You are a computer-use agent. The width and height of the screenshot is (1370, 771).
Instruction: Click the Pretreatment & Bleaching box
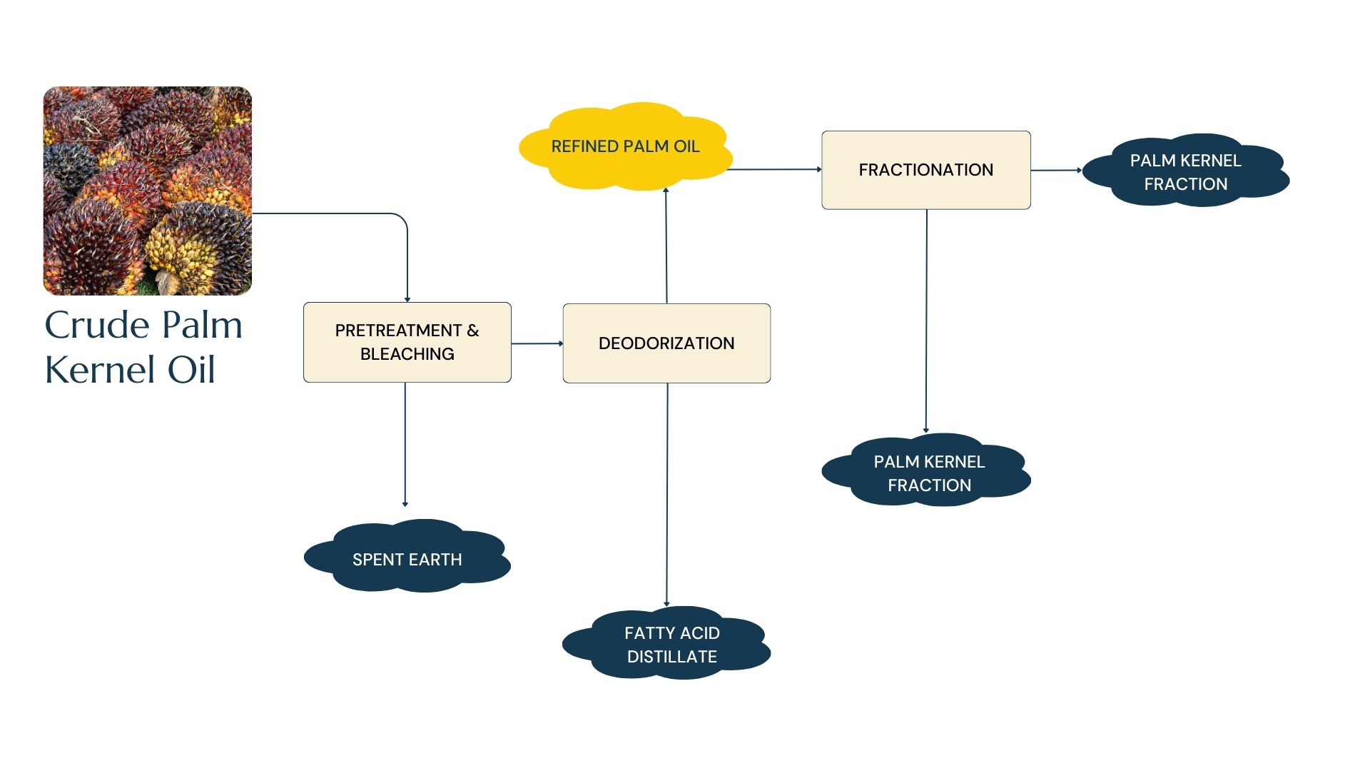(x=407, y=342)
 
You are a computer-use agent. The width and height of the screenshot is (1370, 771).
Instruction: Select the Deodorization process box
(x=666, y=343)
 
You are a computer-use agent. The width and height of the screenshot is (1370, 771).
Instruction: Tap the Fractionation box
(x=925, y=170)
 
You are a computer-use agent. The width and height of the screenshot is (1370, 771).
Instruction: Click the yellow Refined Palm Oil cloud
(x=625, y=146)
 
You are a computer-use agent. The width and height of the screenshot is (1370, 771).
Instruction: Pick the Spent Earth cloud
(x=407, y=559)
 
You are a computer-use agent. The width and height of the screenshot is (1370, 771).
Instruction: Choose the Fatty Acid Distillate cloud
(x=671, y=644)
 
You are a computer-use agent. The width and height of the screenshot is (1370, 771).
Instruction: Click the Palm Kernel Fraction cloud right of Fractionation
(x=1185, y=172)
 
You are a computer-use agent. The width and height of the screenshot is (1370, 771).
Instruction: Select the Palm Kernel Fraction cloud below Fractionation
(x=928, y=473)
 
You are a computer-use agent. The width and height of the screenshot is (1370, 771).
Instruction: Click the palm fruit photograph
(x=148, y=191)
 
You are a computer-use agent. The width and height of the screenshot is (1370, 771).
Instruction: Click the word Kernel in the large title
(x=100, y=370)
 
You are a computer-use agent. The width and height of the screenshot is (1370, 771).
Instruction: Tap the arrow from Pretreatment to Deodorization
(x=537, y=343)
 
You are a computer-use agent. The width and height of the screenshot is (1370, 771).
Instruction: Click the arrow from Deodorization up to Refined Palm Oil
(x=666, y=246)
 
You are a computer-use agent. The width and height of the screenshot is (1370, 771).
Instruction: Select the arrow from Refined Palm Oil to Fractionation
(x=774, y=169)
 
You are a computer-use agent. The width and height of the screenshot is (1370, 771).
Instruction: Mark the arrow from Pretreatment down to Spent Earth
(x=405, y=443)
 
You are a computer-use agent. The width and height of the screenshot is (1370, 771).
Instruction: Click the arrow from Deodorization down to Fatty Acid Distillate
(x=667, y=493)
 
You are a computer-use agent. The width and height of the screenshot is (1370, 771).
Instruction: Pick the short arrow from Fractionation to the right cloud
(x=1056, y=170)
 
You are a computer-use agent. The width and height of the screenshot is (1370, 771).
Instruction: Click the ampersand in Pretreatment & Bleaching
(x=472, y=331)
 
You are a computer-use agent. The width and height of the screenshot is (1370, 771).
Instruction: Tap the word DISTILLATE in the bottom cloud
(x=671, y=657)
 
